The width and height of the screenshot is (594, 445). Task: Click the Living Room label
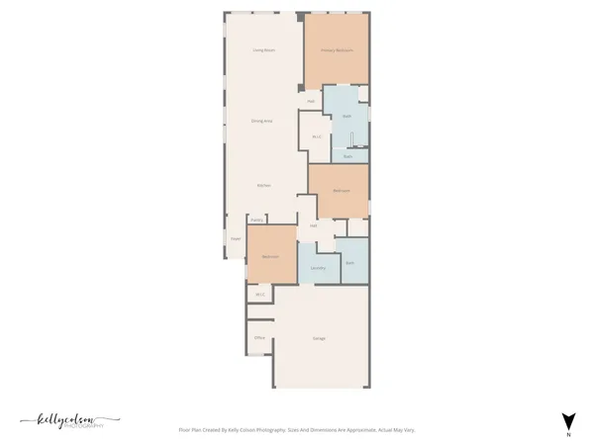pyautogui.click(x=262, y=49)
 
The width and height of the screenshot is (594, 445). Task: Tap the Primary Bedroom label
pyautogui.click(x=337, y=50)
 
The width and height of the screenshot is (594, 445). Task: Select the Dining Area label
pyautogui.click(x=261, y=121)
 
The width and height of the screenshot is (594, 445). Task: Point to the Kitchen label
pyautogui.click(x=264, y=185)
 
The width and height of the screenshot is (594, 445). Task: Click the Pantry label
pyautogui.click(x=255, y=221)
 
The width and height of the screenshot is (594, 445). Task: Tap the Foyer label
pyautogui.click(x=236, y=239)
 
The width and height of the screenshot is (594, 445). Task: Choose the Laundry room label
pyautogui.click(x=318, y=268)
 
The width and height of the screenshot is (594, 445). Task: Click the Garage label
pyautogui.click(x=320, y=338)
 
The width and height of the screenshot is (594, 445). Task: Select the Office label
pyautogui.click(x=259, y=338)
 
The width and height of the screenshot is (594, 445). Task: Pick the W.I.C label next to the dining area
pyautogui.click(x=317, y=136)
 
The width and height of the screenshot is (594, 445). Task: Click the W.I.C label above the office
pyautogui.click(x=260, y=294)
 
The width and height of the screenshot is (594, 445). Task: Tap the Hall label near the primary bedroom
pyautogui.click(x=311, y=101)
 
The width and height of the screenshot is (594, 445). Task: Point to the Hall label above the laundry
pyautogui.click(x=314, y=225)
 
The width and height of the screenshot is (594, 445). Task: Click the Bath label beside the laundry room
pyautogui.click(x=350, y=262)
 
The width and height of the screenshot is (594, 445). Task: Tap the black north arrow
pyautogui.click(x=568, y=419)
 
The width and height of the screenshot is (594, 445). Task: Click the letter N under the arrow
pyautogui.click(x=568, y=435)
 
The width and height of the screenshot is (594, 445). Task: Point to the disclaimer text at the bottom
pyautogui.click(x=296, y=430)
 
